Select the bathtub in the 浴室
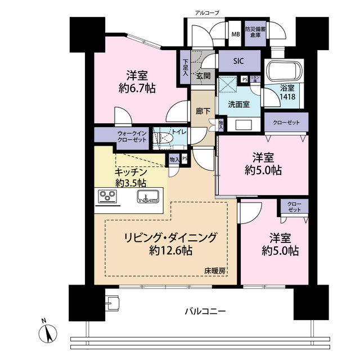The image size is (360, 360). coord(284,72)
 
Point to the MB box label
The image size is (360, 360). coord(235,33)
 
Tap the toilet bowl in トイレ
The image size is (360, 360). coord(165,137)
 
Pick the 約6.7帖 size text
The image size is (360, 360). coord(137,88)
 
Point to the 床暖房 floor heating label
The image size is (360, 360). coord(214,271)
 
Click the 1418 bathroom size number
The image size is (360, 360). coord(286,97)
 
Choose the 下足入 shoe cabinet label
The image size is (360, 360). coord(185,70)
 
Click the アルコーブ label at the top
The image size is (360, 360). coord(207,12)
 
